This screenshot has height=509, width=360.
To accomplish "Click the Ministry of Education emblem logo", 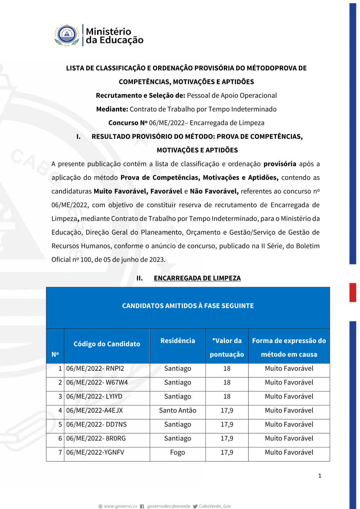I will coord(67,35).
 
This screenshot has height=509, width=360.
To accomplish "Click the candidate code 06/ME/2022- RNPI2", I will coord(95,369).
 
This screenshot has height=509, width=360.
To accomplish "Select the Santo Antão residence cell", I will coord(177,411).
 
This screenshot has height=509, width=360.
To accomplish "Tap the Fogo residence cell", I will coord(177,452).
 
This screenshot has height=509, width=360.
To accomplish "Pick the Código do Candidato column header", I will coord(107,344).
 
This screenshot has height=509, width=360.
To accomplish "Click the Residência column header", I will coord(177,341).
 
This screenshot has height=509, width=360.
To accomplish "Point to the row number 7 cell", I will coord(60,452).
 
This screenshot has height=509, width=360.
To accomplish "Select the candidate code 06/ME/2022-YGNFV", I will coord(95,452).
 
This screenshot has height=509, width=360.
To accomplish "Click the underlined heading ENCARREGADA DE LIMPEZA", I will coord(197,278).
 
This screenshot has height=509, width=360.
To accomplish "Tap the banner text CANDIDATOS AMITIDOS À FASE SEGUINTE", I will coord(188,306).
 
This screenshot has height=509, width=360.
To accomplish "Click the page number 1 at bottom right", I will coord(320,476).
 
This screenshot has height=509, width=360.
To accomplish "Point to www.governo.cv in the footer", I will coord(121,506).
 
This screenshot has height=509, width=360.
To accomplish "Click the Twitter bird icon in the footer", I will coord(195,506).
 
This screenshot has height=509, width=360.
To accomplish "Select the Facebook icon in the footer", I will coord(142,506).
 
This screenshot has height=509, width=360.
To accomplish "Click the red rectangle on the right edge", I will coord(353,292).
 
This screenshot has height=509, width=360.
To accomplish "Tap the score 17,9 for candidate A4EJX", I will coord(227,411).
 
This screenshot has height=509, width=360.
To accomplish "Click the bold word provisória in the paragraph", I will coord(280,164).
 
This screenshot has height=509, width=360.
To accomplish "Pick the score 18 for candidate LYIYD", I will coord(227,397).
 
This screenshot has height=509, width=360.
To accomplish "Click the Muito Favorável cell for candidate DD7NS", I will coord(289,425).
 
